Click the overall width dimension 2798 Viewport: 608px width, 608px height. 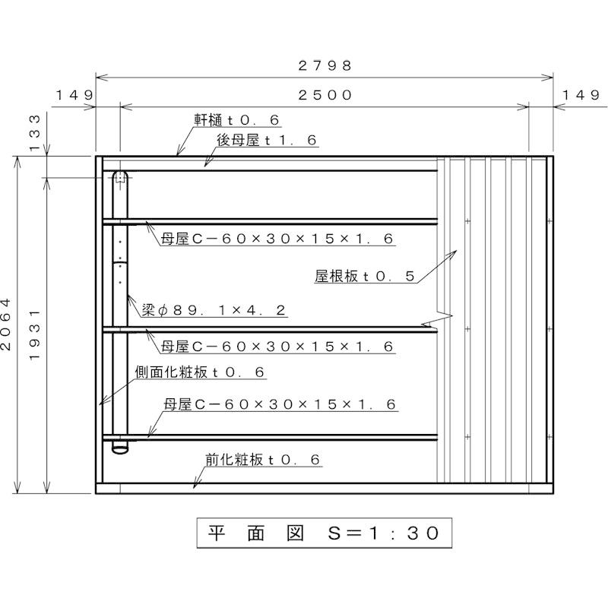click(x=325, y=65)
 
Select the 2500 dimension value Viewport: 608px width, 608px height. click(x=325, y=95)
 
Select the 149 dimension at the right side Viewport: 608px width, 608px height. click(x=582, y=95)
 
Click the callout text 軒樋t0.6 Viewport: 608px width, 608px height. click(x=236, y=120)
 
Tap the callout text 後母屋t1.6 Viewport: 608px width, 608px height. click(x=267, y=141)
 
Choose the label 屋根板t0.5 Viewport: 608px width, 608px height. click(x=365, y=277)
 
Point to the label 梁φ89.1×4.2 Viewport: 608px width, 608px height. click(x=214, y=310)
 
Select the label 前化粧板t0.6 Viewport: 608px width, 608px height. click(x=263, y=460)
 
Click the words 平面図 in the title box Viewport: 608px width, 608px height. click(x=254, y=533)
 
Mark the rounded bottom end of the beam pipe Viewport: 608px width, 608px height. click(x=119, y=449)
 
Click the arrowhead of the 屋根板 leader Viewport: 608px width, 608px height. click(x=454, y=252)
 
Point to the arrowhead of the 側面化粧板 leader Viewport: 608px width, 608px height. click(x=100, y=404)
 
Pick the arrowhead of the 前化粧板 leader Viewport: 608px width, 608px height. click(x=194, y=485)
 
